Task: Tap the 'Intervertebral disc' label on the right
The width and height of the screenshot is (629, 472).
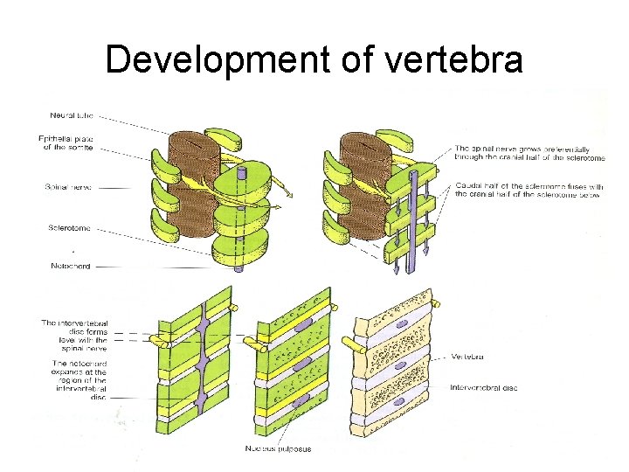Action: (484, 387)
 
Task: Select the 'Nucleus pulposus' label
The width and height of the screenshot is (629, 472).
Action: (279, 449)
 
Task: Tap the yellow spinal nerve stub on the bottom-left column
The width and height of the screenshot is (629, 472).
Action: (161, 341)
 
